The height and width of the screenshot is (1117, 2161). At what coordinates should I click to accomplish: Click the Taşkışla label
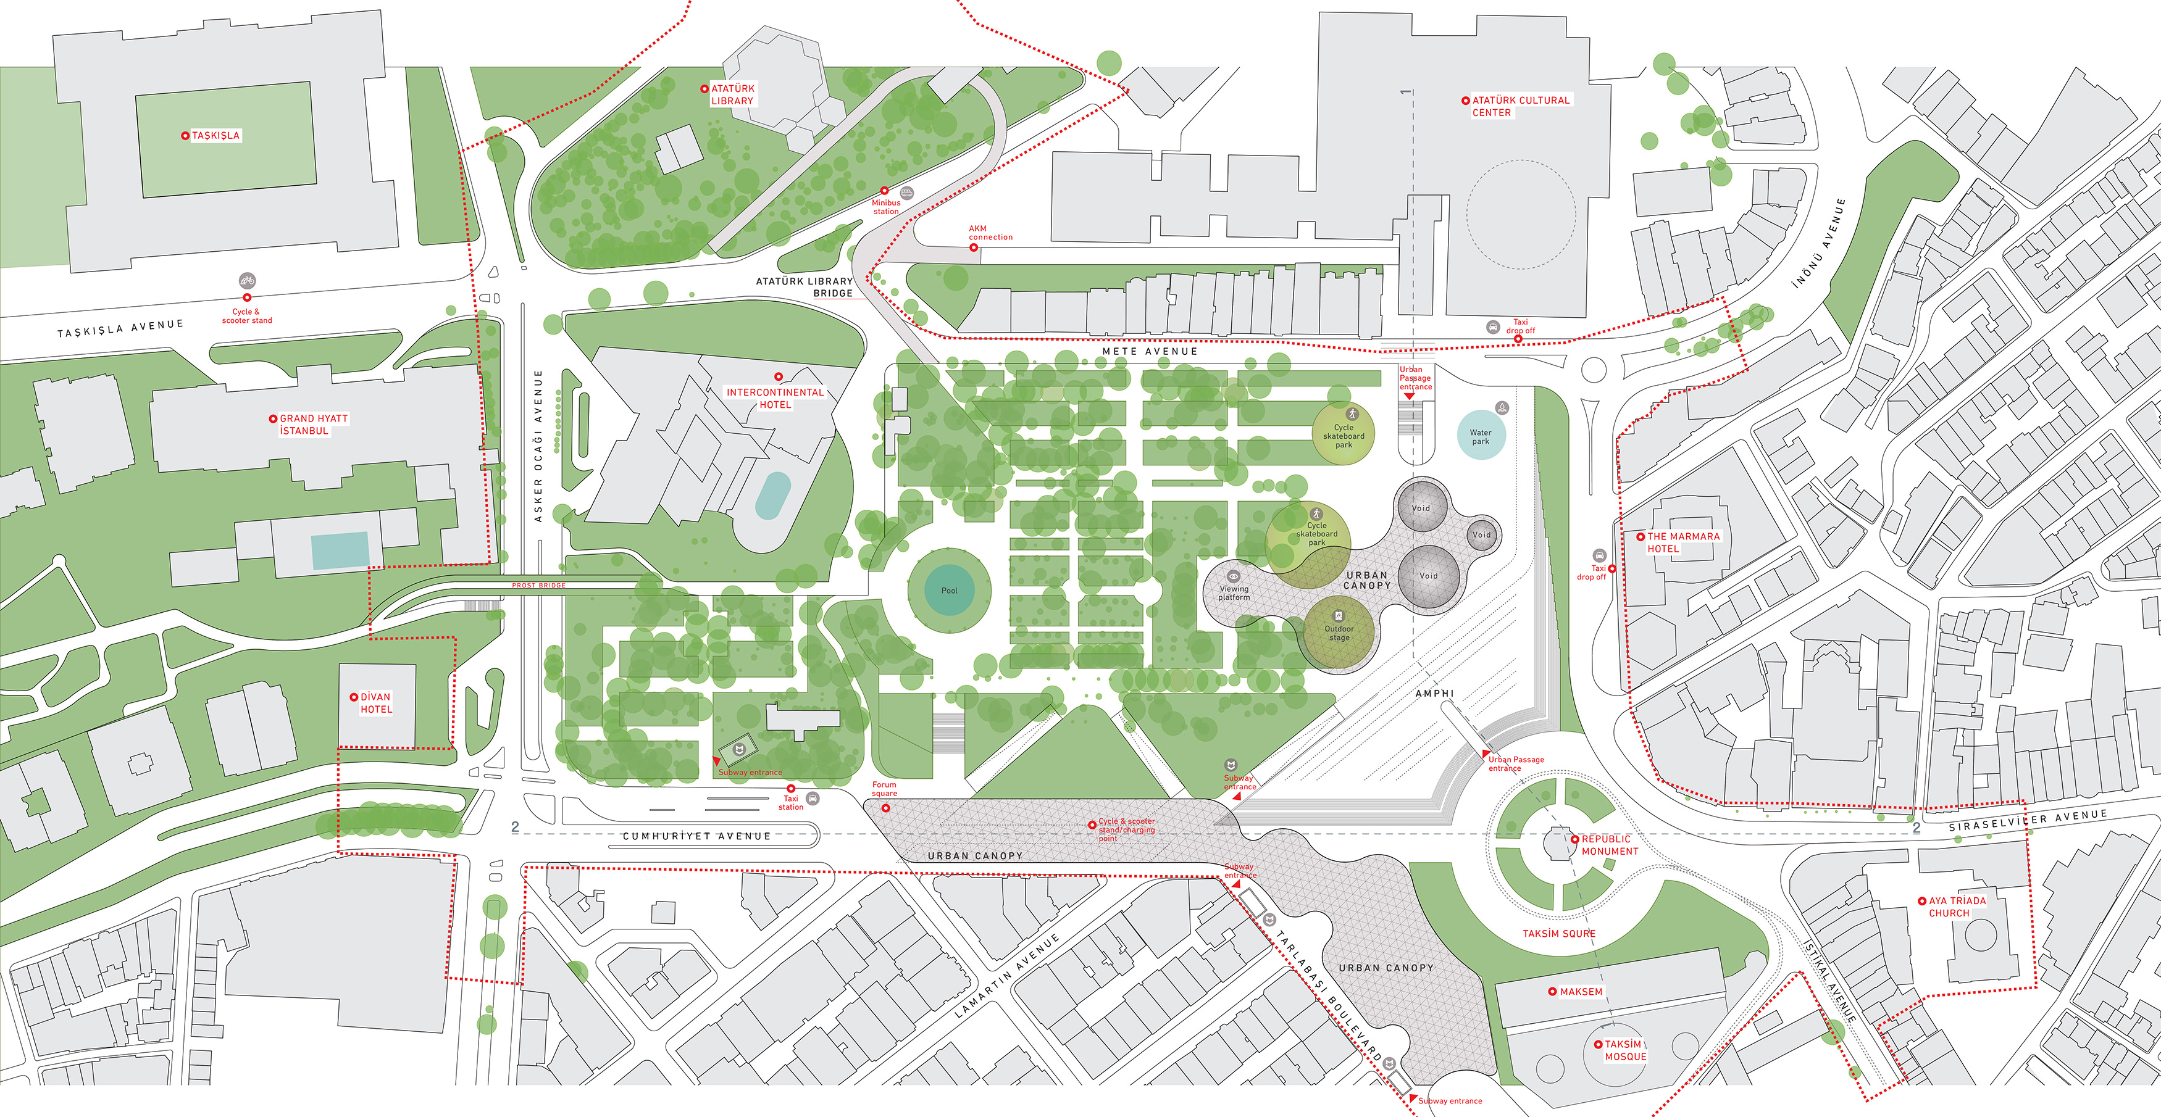pos(215,136)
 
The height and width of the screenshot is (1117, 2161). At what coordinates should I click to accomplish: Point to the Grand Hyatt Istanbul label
pos(312,425)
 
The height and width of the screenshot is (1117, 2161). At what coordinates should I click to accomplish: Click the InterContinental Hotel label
pos(774,398)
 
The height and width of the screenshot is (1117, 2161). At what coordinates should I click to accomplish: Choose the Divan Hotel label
pos(375,703)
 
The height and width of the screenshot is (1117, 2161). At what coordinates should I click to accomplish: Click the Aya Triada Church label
pos(1956,907)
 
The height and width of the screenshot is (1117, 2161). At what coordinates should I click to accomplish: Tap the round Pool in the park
pos(949,591)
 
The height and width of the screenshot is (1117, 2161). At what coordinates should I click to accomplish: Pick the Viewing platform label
pos(1233,592)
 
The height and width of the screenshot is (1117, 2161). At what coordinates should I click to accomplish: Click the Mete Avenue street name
pos(1149,351)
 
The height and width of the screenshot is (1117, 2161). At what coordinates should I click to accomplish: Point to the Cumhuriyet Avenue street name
pos(696,836)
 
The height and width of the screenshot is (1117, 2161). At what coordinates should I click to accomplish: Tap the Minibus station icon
pos(906,193)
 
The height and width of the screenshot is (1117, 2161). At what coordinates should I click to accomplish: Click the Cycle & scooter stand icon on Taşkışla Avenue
pos(246,281)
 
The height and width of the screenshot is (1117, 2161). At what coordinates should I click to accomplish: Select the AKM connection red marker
pos(973,247)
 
